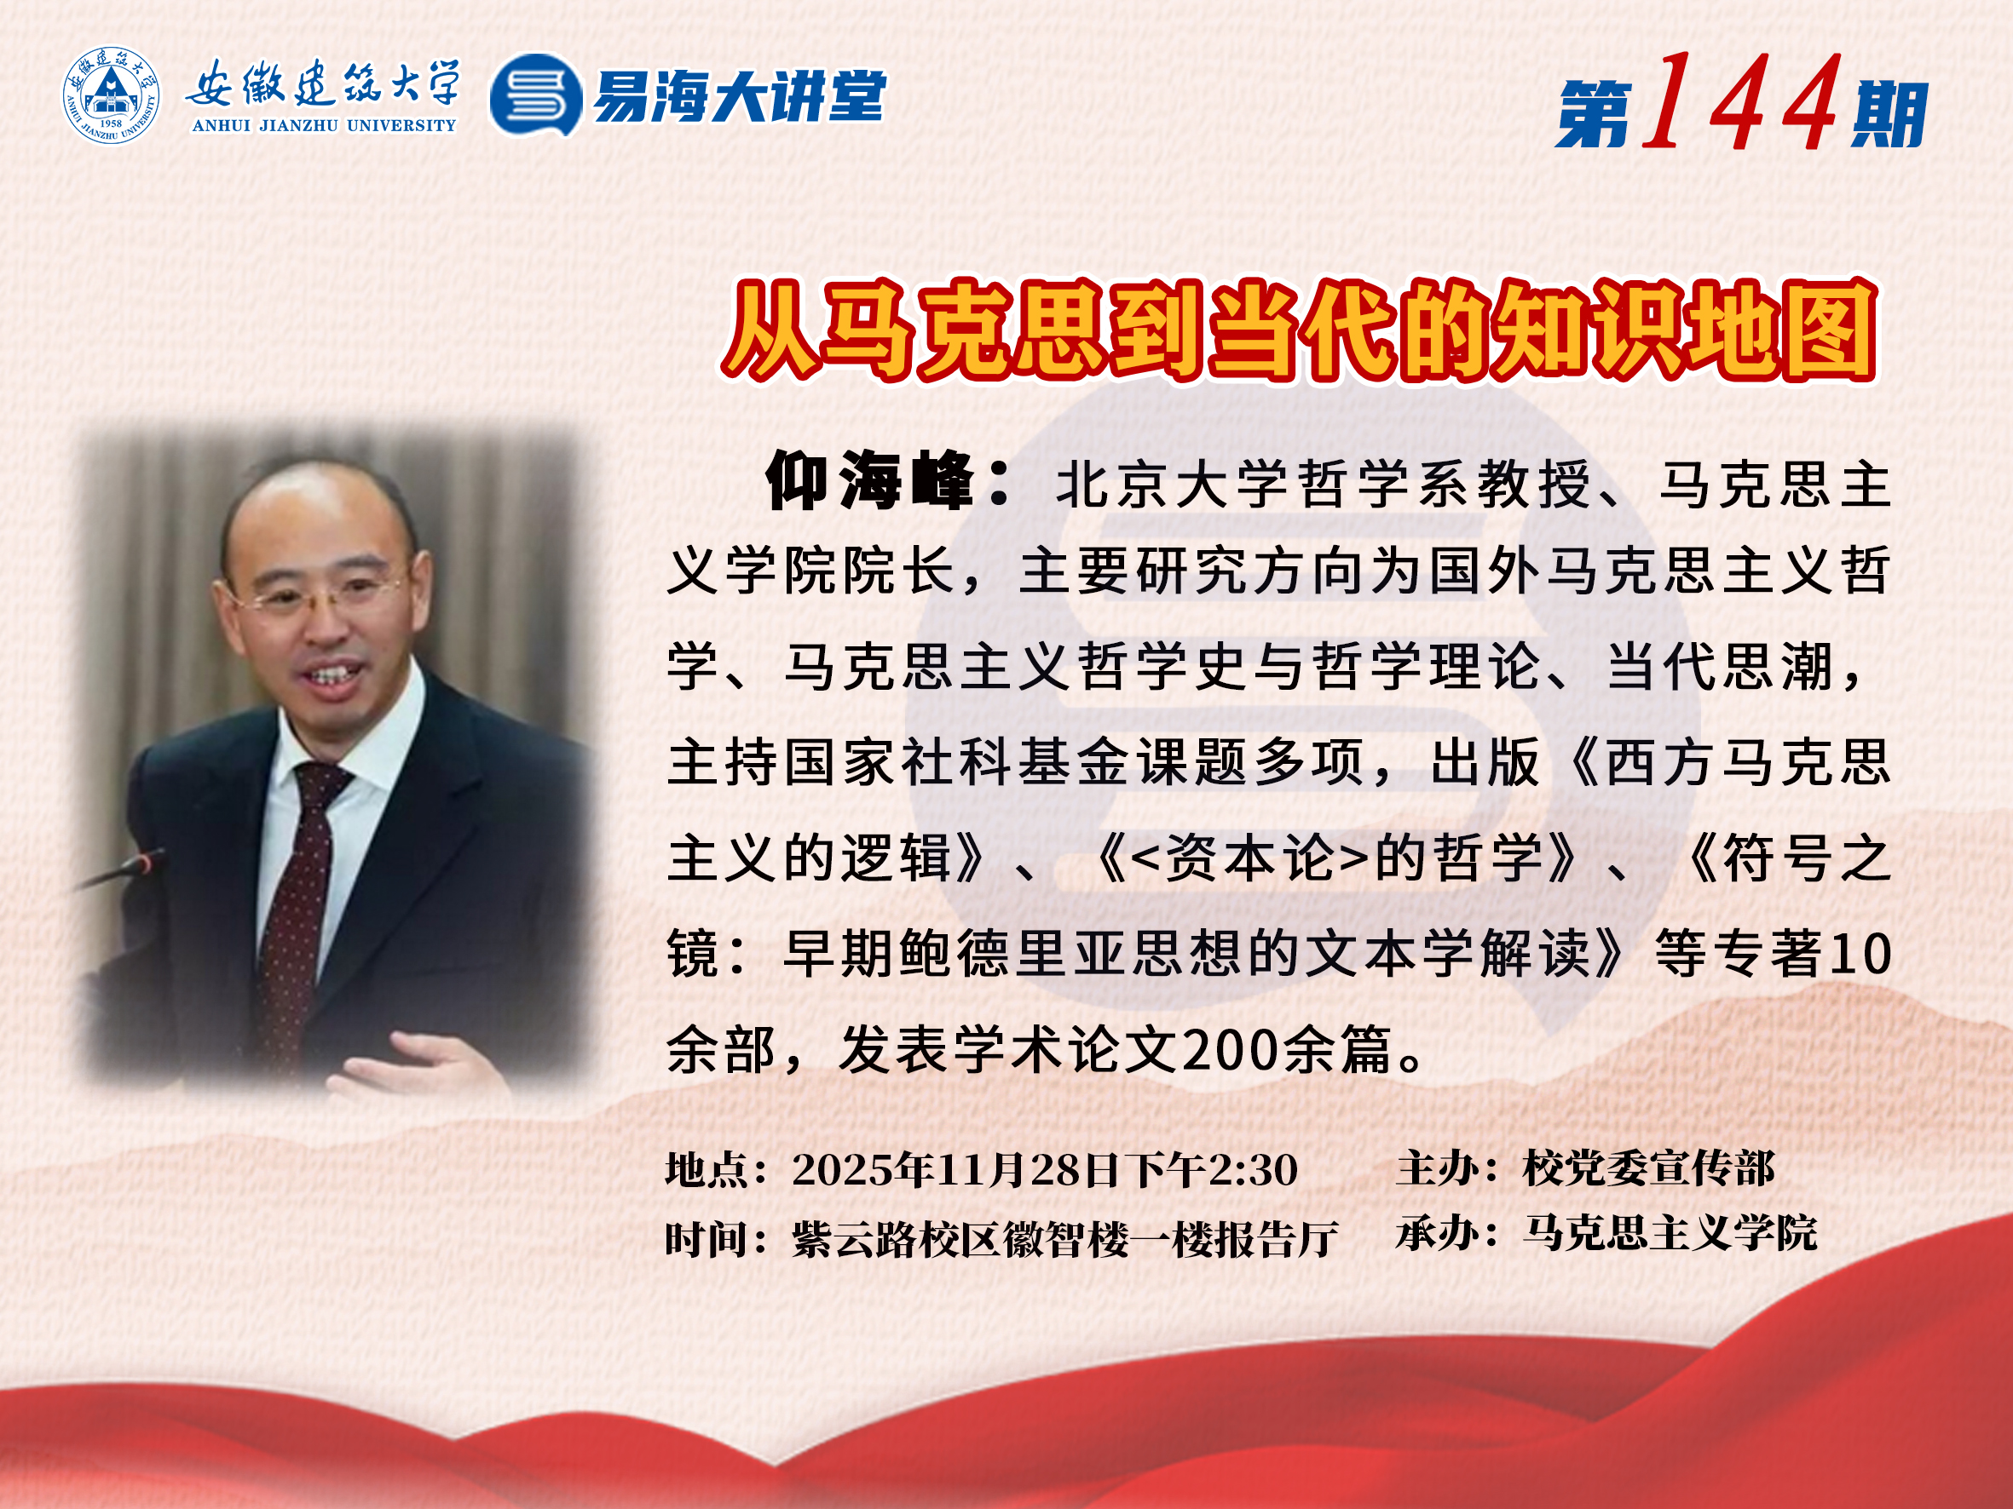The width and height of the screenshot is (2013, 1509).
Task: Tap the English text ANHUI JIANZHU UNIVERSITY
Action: [324, 125]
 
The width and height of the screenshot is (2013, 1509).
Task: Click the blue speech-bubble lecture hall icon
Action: [536, 95]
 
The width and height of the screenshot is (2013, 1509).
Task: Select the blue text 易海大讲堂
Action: [739, 95]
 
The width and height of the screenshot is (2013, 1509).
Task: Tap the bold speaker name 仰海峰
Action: [869, 480]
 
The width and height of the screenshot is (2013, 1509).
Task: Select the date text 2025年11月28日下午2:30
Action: [1045, 1170]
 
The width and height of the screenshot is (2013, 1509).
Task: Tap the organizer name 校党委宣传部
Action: [1648, 1169]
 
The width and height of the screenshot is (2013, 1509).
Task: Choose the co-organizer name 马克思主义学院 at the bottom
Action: [1670, 1233]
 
